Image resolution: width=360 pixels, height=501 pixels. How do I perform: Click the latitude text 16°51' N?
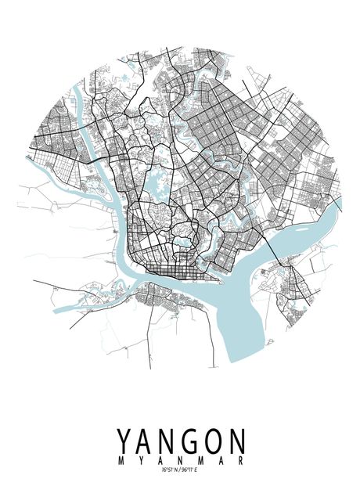point(170,470)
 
